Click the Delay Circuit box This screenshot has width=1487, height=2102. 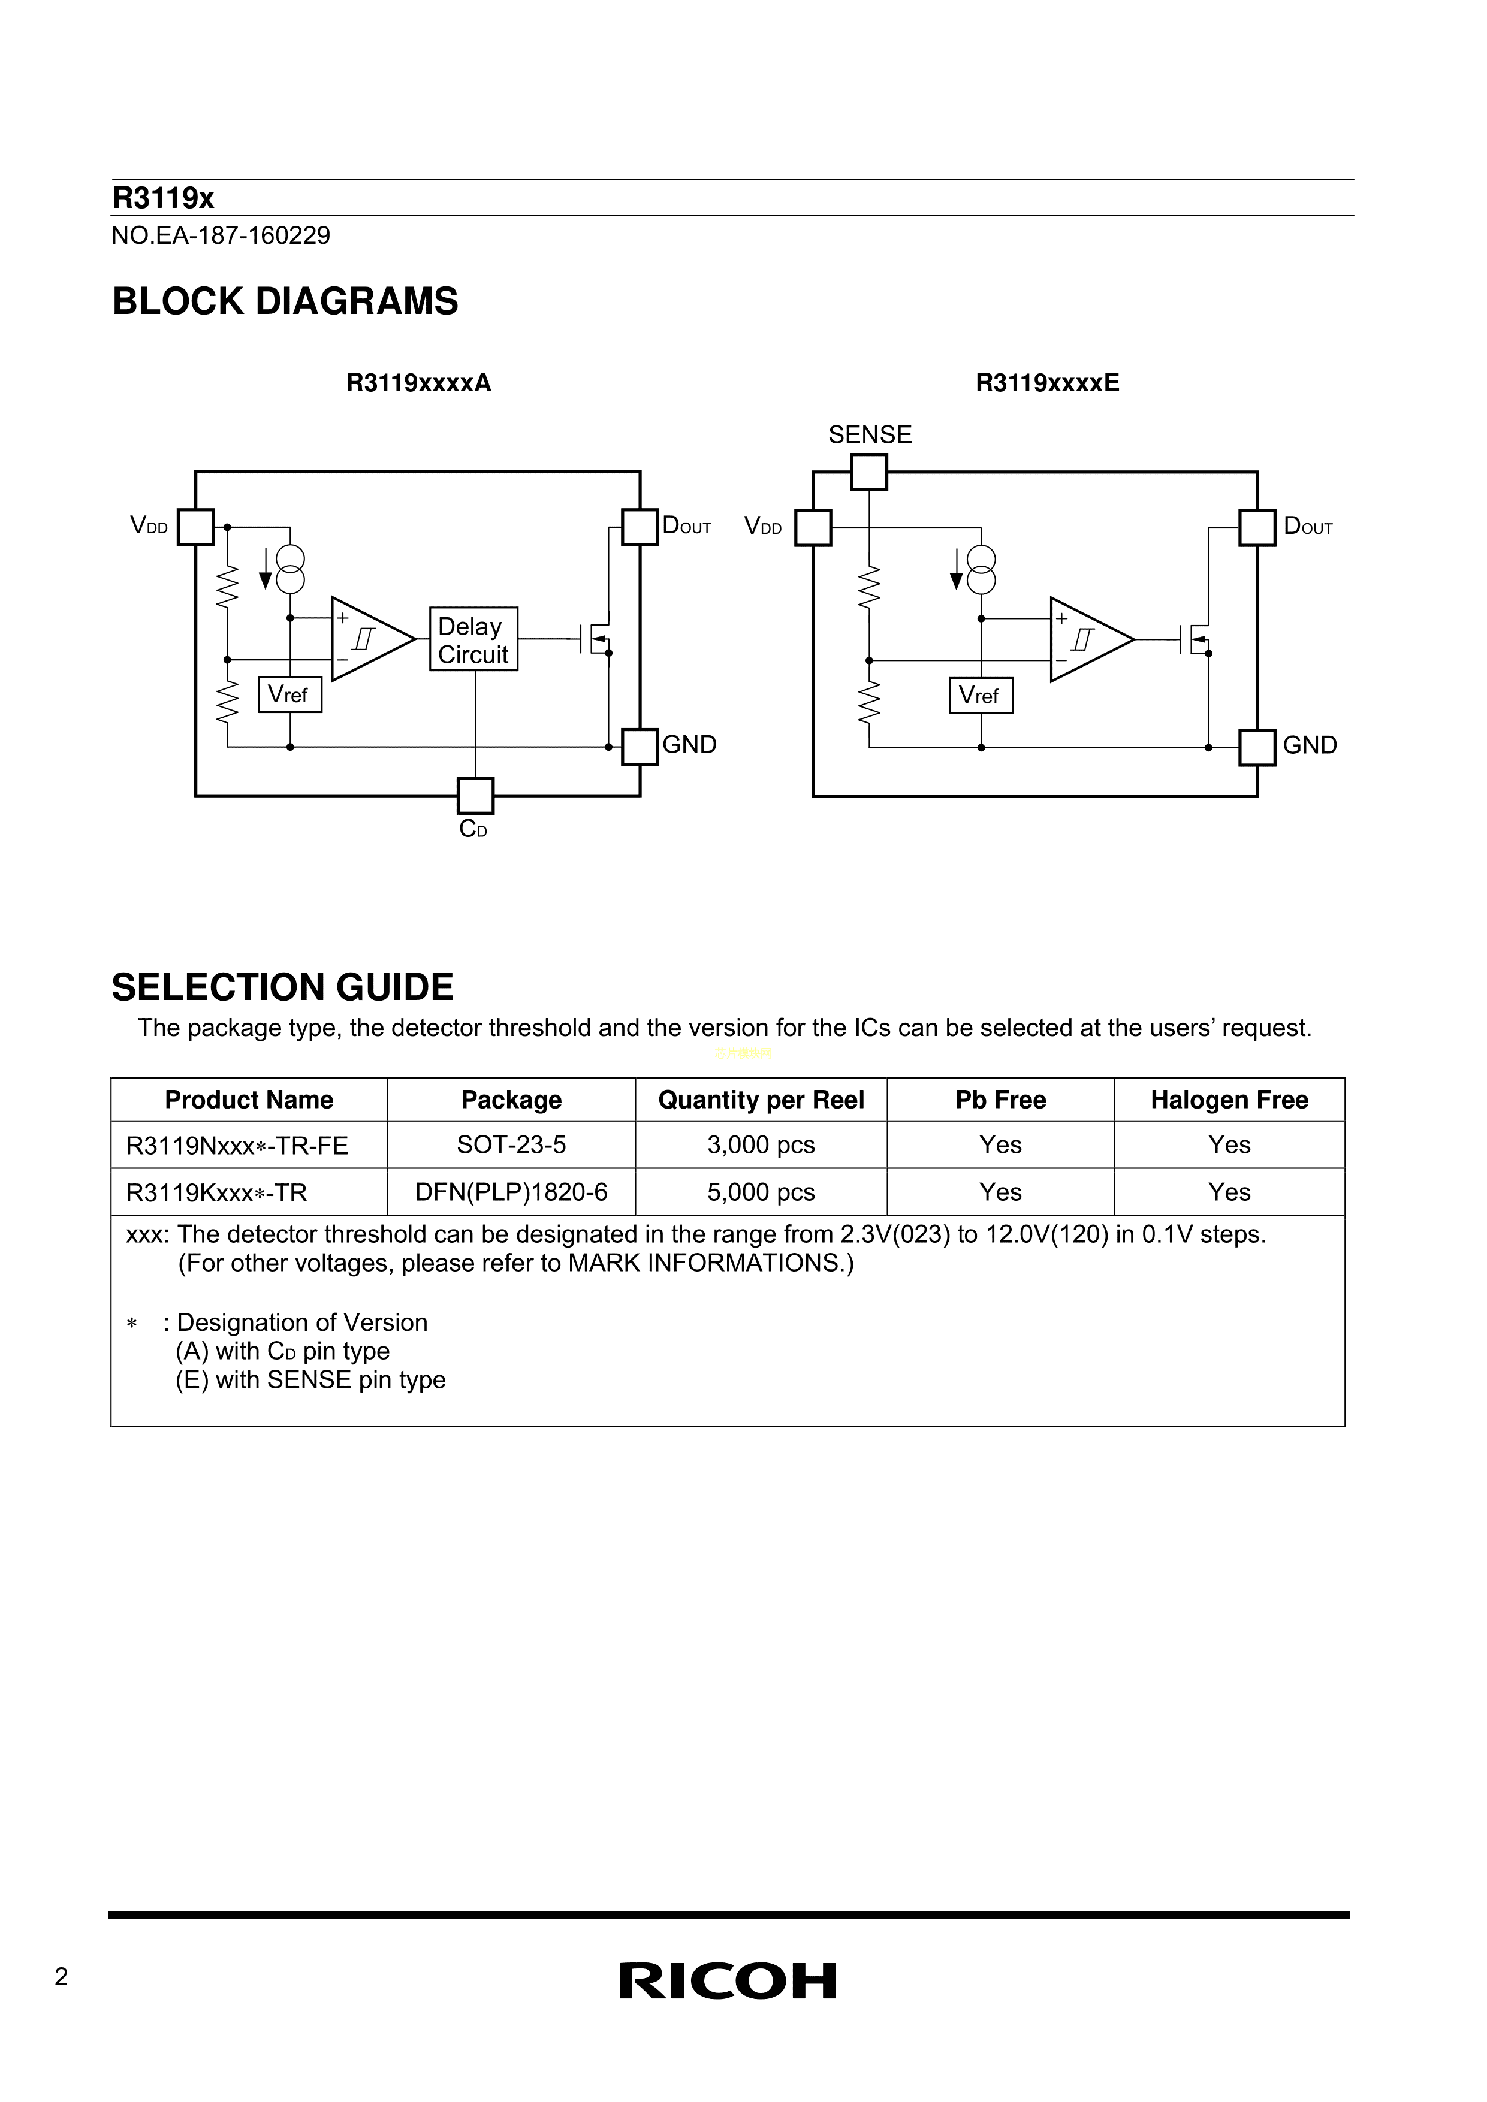coord(473,639)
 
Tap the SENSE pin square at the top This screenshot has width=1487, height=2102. coord(869,472)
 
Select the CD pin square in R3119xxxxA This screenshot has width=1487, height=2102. coord(475,796)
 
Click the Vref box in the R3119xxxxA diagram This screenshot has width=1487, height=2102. coord(289,695)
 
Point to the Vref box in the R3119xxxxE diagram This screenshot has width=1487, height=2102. coord(980,696)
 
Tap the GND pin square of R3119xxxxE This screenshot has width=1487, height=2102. coord(1257,747)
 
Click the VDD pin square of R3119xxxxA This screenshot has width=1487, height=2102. coord(195,527)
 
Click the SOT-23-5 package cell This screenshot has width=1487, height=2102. coord(511,1145)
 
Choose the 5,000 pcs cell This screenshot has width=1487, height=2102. coord(761,1192)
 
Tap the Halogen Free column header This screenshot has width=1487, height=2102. coord(1229,1100)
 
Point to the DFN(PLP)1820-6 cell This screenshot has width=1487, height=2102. coord(511,1192)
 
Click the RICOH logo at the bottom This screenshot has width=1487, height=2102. coord(728,1980)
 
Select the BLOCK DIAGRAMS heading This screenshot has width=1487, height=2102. coord(285,302)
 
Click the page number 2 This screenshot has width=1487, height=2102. coord(61,1977)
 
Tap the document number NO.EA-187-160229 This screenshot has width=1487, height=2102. coord(221,236)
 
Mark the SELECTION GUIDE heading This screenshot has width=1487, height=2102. coord(282,987)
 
